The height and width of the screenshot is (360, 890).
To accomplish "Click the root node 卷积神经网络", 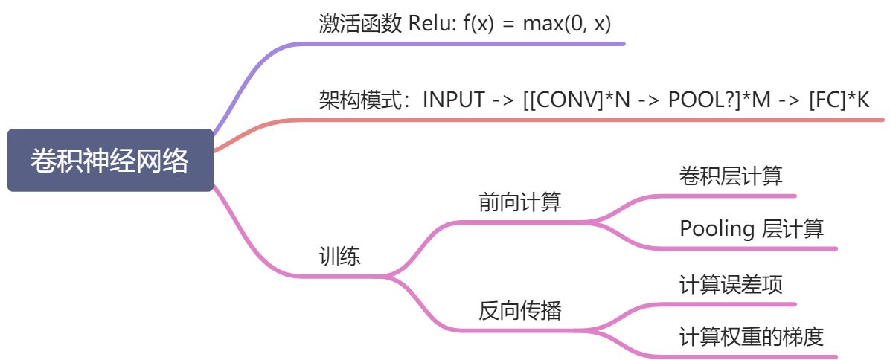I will (110, 161).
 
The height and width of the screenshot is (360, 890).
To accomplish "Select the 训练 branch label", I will (339, 257).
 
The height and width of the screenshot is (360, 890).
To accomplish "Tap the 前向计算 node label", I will (519, 202).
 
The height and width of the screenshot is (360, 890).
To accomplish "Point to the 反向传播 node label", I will (519, 311).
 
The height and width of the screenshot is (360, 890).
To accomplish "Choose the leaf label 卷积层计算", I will (730, 176).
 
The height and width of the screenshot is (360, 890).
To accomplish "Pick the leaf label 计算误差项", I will (730, 285).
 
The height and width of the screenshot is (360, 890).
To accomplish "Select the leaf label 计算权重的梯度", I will (751, 337).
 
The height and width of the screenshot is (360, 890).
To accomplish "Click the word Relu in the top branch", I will (429, 24).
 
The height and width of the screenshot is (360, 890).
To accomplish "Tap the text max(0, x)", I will (566, 24).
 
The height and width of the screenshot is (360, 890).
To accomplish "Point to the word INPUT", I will (454, 100).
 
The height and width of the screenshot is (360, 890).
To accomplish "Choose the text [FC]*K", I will (839, 100).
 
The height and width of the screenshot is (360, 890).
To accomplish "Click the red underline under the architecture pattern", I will (595, 119).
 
